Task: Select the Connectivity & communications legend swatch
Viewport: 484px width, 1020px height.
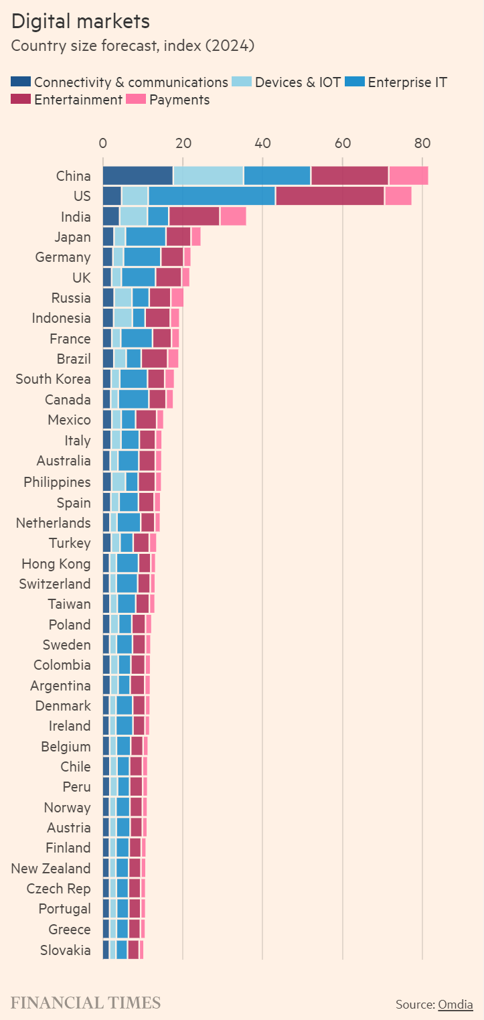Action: tap(21, 82)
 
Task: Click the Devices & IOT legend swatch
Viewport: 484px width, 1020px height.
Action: tap(241, 82)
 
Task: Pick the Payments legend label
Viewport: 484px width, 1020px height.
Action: tap(179, 100)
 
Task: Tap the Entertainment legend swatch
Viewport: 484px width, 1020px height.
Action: tap(21, 100)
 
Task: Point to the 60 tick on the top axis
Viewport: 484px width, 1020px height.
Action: tap(343, 143)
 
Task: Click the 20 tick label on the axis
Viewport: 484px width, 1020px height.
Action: tap(183, 143)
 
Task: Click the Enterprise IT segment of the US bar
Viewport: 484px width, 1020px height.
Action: tap(212, 196)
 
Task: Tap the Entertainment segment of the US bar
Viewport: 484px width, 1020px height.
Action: tap(330, 196)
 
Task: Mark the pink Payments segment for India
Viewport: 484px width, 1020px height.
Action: tap(233, 216)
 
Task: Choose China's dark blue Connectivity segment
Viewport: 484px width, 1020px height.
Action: tap(137, 175)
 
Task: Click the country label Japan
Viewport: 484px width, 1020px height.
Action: tap(73, 236)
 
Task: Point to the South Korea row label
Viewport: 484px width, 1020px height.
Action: tap(53, 379)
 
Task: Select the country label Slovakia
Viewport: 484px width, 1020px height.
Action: tap(65, 950)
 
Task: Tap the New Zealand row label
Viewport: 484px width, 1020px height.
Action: tap(51, 868)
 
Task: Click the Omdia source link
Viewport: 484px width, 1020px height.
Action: tap(455, 1004)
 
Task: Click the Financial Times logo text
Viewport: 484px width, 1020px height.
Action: tap(86, 1003)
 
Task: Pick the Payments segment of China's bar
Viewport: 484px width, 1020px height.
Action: tap(408, 175)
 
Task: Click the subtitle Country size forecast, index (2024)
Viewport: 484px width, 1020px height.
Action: tap(133, 46)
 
